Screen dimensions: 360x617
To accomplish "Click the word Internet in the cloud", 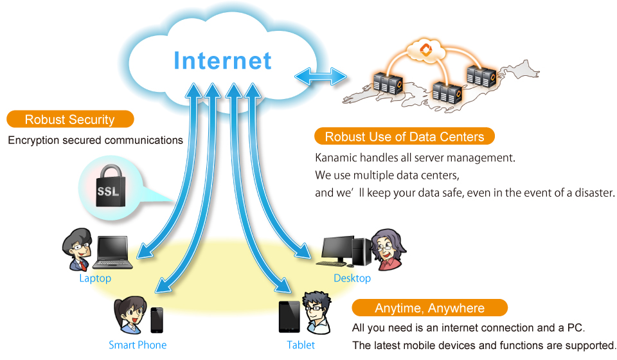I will [222, 60].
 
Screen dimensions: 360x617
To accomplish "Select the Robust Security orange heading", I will [69, 120].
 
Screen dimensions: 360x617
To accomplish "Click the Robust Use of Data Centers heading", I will [404, 136].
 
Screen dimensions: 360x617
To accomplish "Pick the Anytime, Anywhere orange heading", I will [429, 308].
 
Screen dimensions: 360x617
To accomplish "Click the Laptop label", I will [95, 278].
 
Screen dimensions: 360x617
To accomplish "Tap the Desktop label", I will [352, 278].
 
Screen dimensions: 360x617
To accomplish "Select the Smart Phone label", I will [138, 345].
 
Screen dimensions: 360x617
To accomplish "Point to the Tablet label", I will [301, 345].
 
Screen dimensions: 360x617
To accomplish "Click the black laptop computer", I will [112, 253].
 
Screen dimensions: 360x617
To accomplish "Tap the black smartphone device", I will [157, 319].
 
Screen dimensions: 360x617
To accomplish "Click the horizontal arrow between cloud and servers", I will [321, 76].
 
